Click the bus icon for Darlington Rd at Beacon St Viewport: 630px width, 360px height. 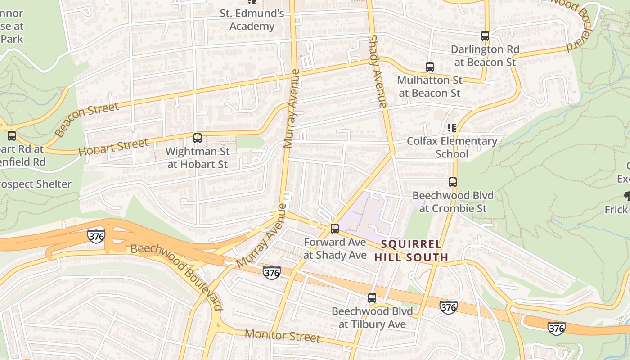485,36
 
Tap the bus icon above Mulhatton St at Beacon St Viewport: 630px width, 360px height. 430,67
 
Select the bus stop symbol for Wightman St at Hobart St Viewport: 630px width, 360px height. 198,138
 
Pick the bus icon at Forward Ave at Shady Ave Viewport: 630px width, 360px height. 335,229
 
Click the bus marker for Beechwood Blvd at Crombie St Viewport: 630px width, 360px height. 453,182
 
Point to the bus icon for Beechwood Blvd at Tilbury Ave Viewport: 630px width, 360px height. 372,298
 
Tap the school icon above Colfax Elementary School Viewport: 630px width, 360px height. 452,128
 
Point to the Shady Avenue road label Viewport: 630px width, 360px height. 377,71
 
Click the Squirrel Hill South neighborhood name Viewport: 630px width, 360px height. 411,251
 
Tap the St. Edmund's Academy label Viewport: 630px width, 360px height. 252,20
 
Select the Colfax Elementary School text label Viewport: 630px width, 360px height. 452,148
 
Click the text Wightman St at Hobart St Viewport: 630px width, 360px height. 198,158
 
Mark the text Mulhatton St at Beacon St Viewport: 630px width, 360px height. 430,87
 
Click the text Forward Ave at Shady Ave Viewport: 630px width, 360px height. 335,248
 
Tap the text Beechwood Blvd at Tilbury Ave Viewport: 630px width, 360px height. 372,318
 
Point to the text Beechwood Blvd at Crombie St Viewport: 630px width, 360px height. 453,202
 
